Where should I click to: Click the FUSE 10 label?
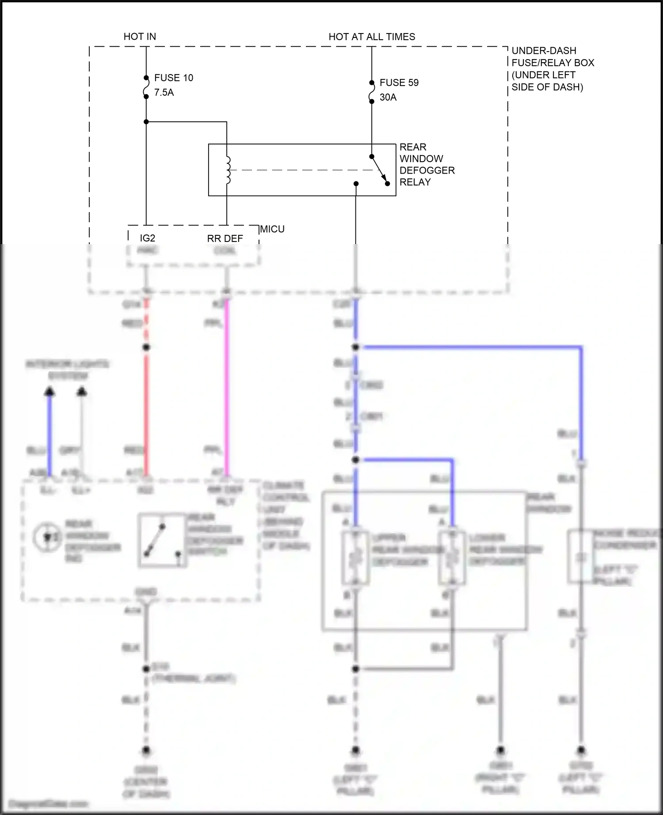click(x=173, y=78)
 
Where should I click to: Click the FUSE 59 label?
click(x=399, y=83)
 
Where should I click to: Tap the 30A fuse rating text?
click(x=388, y=97)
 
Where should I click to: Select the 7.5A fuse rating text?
click(x=164, y=92)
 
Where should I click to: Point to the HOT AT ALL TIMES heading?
click(x=371, y=37)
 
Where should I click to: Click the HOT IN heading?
click(x=139, y=37)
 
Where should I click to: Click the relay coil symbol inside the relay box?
click(x=228, y=170)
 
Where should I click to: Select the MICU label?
click(x=272, y=229)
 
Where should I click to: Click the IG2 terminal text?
click(x=147, y=238)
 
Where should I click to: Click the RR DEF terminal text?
click(x=225, y=238)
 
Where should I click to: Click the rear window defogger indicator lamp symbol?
click(x=48, y=537)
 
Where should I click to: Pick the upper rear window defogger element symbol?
click(x=355, y=558)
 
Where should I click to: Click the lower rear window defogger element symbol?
click(x=452, y=558)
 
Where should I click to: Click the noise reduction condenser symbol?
click(x=580, y=557)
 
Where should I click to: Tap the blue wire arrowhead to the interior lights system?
click(x=50, y=391)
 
